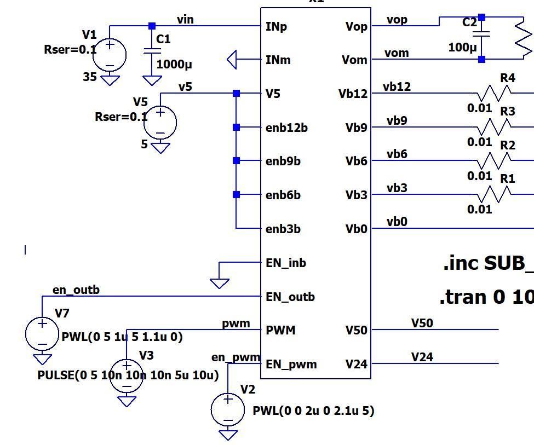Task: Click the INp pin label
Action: (x=276, y=26)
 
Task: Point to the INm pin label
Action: (x=278, y=60)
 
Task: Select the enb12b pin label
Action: (x=286, y=128)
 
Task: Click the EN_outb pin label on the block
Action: (x=290, y=297)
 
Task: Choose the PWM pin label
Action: (x=280, y=330)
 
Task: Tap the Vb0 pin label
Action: (x=356, y=229)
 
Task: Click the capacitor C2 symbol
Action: (x=481, y=34)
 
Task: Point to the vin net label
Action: (x=185, y=20)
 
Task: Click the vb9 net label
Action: (x=397, y=120)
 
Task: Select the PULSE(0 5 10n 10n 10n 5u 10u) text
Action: (x=128, y=375)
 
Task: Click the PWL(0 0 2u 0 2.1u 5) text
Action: (x=313, y=411)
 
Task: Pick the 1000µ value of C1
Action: (x=174, y=64)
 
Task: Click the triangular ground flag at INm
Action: (x=232, y=60)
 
